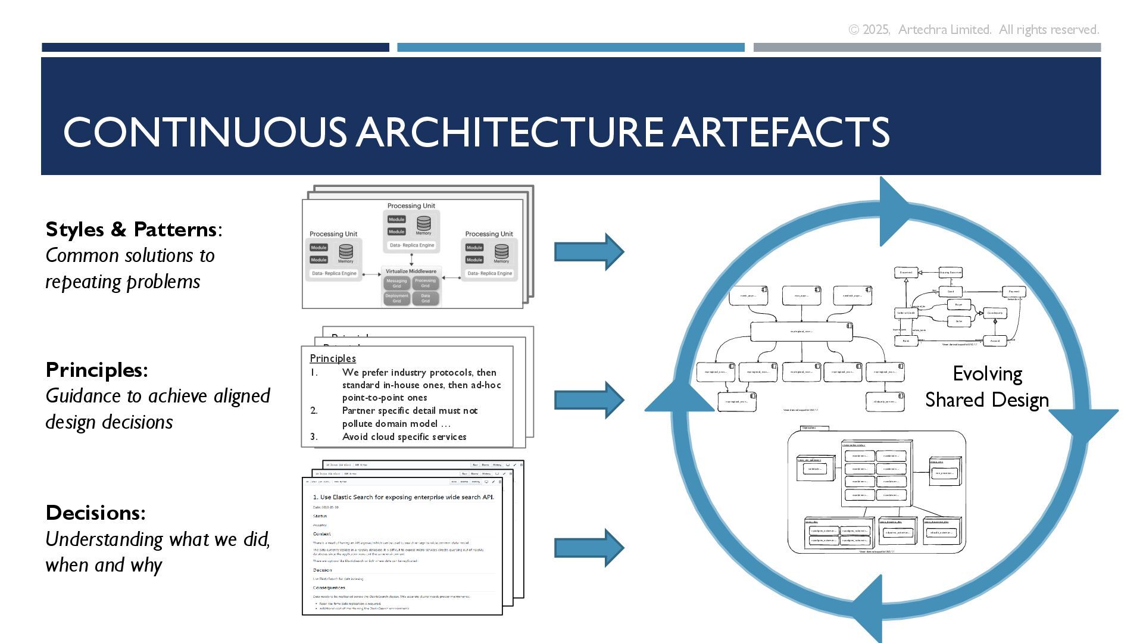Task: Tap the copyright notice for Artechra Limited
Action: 973,30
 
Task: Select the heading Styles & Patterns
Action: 131,229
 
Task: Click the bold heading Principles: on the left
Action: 96,370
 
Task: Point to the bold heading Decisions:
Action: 95,513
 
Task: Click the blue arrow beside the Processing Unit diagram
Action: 589,252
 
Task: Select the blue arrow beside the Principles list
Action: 589,400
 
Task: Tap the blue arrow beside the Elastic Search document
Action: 589,547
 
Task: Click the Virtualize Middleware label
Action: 411,271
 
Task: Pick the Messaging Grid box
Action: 396,283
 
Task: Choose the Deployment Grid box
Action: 396,298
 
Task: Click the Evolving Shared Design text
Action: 987,387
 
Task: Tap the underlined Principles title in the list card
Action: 333,358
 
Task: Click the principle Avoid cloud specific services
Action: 404,437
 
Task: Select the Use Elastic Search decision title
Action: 403,497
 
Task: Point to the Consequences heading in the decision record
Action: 329,588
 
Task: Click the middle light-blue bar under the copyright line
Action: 570,47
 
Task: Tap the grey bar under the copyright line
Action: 927,47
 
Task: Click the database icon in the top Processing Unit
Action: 424,224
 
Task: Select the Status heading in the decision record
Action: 320,516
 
